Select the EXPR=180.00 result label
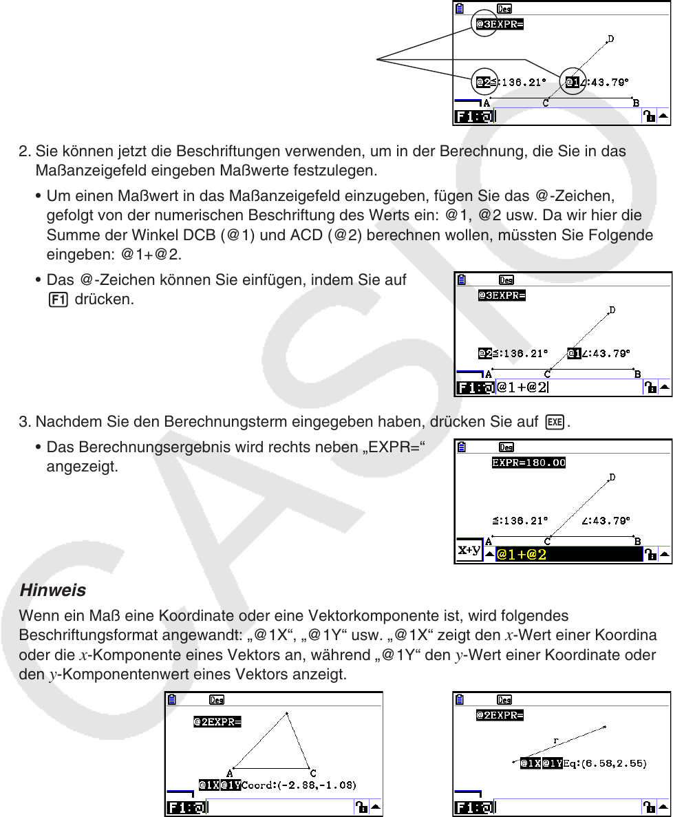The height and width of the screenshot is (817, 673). pos(528,463)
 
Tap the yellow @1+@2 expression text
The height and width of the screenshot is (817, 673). pos(523,554)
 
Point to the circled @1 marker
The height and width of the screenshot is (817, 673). pos(573,83)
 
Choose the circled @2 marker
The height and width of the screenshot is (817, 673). pos(485,83)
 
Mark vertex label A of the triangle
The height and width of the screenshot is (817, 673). pos(229,772)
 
